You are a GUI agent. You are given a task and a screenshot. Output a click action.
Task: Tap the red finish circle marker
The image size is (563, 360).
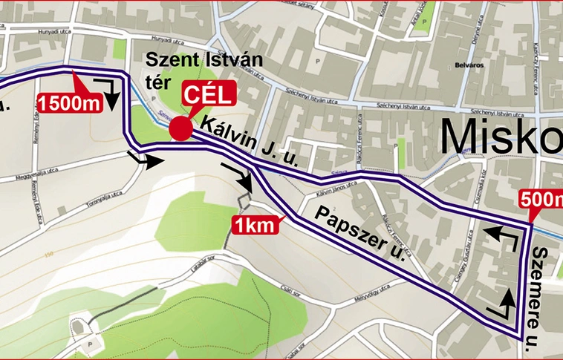coord(180,128)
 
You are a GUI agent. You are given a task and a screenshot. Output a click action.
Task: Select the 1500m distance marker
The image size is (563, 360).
coord(69,102)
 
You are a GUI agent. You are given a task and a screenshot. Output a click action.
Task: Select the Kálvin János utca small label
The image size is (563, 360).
coord(325,196)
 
